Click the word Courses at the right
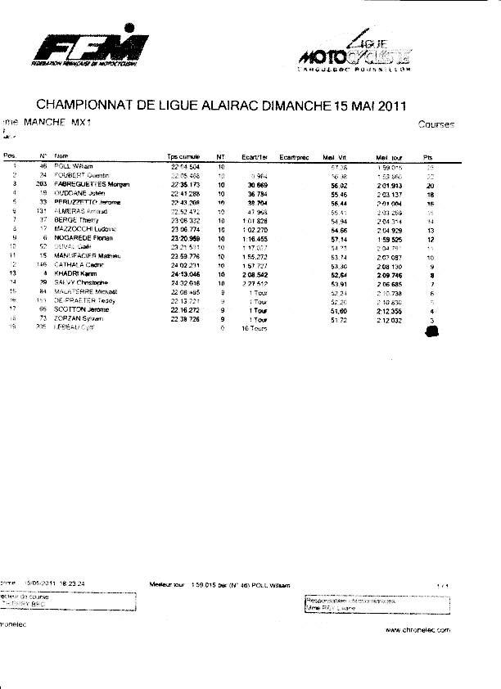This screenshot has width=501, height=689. pos(436,124)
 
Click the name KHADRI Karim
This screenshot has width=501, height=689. pos(74,274)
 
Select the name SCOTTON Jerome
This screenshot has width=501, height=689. pos(77,310)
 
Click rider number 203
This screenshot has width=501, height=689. pos(42,185)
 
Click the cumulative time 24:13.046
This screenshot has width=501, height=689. pos(185,274)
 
